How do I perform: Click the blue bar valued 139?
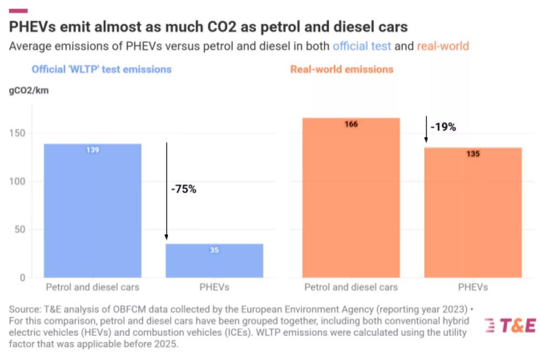[x=92, y=210]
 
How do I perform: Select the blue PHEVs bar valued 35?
[x=214, y=261]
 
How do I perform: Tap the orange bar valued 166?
[x=351, y=198]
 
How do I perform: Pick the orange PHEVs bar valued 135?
[x=473, y=213]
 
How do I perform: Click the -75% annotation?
[x=183, y=190]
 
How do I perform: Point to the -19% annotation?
[x=443, y=127]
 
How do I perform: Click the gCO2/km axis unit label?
[x=29, y=90]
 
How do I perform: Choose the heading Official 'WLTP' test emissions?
[x=102, y=69]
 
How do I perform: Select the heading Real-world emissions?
[x=342, y=69]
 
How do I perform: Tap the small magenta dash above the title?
[x=19, y=11]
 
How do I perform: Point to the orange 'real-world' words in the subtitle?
[x=443, y=46]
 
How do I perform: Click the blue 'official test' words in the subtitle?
[x=362, y=46]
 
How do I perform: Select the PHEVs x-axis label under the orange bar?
[x=473, y=287]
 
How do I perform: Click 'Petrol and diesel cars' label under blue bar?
[x=92, y=287]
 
